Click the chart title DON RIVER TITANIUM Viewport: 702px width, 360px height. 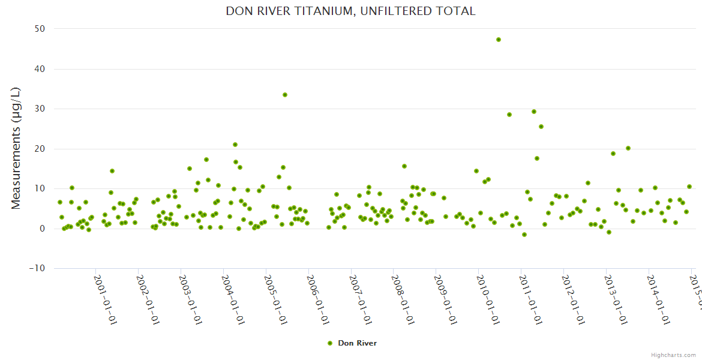350,11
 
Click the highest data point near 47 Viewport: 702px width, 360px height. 499,40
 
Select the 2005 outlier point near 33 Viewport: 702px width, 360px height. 285,95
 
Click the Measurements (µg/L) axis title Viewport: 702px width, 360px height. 16,148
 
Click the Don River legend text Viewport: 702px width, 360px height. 357,343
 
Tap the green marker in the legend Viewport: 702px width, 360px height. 329,343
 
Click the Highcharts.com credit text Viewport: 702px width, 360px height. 674,355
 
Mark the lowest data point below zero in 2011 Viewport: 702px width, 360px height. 524,235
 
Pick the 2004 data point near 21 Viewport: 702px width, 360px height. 235,145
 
